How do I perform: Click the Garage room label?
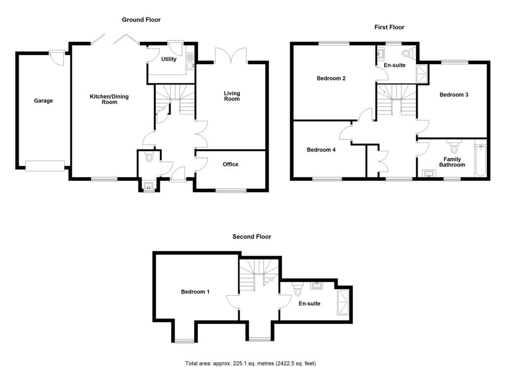tap(43, 101)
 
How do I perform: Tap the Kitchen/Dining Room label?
tap(109, 99)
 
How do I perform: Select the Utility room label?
tap(169, 59)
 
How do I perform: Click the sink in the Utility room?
tap(190, 66)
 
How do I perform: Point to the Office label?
tap(231, 164)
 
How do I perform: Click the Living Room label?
tap(232, 96)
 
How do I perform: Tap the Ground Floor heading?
tap(141, 20)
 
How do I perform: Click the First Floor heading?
tap(389, 28)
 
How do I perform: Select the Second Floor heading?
tap(252, 237)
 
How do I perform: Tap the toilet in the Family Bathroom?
tap(454, 147)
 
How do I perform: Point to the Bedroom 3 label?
tap(454, 95)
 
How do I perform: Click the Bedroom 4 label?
tap(321, 150)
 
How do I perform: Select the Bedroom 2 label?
tap(331, 78)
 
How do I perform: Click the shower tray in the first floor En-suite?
tap(423, 74)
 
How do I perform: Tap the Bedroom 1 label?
tap(195, 292)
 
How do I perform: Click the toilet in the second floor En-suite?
tap(297, 289)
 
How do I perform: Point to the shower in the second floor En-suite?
tap(343, 302)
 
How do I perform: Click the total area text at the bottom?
tap(250, 364)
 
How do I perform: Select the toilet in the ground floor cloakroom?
tap(149, 156)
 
